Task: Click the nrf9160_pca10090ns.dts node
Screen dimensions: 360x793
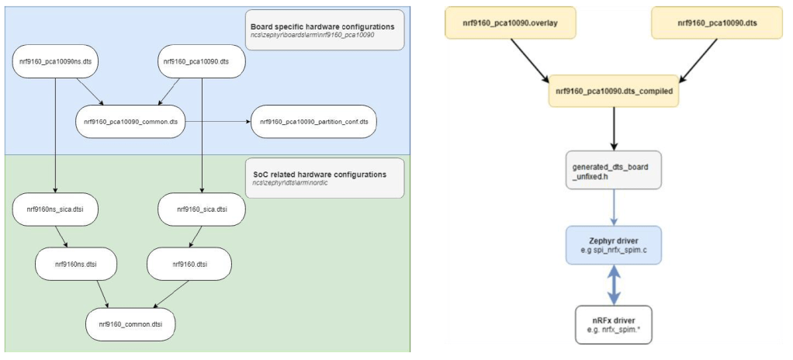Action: point(55,60)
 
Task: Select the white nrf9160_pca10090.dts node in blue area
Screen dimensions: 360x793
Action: point(203,60)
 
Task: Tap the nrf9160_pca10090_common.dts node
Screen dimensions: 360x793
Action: point(130,122)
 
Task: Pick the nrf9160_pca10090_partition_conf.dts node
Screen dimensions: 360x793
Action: point(318,122)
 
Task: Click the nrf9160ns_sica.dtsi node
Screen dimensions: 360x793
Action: point(55,209)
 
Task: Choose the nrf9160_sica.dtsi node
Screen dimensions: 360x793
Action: point(201,209)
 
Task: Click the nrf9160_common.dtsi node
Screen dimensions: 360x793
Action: point(130,321)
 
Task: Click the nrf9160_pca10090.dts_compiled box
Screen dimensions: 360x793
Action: point(614,90)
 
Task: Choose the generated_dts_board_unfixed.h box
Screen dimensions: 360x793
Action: point(614,170)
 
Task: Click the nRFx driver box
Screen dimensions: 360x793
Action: point(614,324)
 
